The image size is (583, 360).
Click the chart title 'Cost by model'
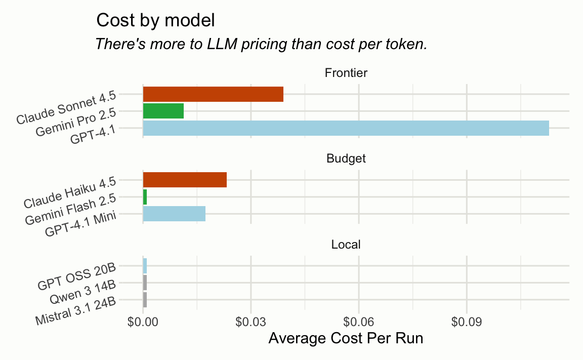point(155,21)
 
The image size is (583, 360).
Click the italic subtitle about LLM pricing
point(261,44)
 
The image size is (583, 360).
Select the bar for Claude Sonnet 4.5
point(213,94)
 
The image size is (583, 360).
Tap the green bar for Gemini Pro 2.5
point(163,111)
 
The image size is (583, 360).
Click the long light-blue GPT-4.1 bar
point(346,128)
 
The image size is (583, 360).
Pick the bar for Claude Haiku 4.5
point(185,180)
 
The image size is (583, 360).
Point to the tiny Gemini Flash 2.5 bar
point(145,197)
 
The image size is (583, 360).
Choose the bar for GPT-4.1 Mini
point(174,214)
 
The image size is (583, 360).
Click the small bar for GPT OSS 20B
point(145,266)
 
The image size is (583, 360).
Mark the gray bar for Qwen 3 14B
point(145,283)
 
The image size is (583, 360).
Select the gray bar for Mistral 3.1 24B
point(145,300)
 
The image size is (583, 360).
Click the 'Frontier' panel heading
point(346,73)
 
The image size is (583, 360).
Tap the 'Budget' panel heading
point(346,159)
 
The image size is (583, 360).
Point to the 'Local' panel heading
point(346,245)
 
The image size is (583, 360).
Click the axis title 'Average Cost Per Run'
point(346,338)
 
